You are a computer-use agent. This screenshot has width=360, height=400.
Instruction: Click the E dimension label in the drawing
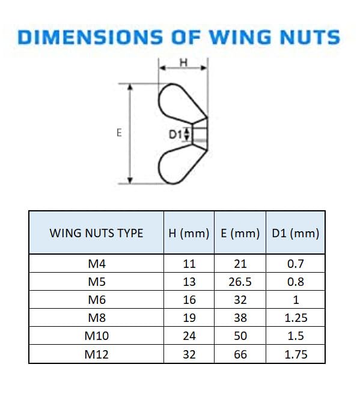(x=119, y=133)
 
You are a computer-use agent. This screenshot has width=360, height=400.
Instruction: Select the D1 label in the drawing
(x=175, y=135)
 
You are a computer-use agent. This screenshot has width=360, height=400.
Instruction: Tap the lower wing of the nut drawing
(x=175, y=163)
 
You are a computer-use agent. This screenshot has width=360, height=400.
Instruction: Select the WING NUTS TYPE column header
(x=96, y=233)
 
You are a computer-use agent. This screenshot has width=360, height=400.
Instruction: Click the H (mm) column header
(x=189, y=233)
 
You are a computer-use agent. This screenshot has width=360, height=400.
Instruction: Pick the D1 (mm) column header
(x=295, y=233)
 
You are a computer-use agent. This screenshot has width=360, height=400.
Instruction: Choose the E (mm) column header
(x=240, y=233)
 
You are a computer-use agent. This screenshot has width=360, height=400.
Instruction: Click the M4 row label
(x=96, y=264)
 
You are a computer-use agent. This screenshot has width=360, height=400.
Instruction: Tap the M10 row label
(x=96, y=336)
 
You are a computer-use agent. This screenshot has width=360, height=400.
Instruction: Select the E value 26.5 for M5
(x=240, y=282)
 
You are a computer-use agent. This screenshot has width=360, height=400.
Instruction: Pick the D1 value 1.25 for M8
(x=295, y=318)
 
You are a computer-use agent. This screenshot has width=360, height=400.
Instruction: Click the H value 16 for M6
(x=189, y=300)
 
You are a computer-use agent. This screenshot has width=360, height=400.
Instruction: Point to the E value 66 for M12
(x=240, y=354)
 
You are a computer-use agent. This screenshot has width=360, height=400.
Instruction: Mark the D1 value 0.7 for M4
(x=295, y=264)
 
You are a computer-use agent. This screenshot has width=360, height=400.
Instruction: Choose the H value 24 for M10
(x=189, y=336)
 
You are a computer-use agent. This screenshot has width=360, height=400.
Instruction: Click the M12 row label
(x=96, y=354)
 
